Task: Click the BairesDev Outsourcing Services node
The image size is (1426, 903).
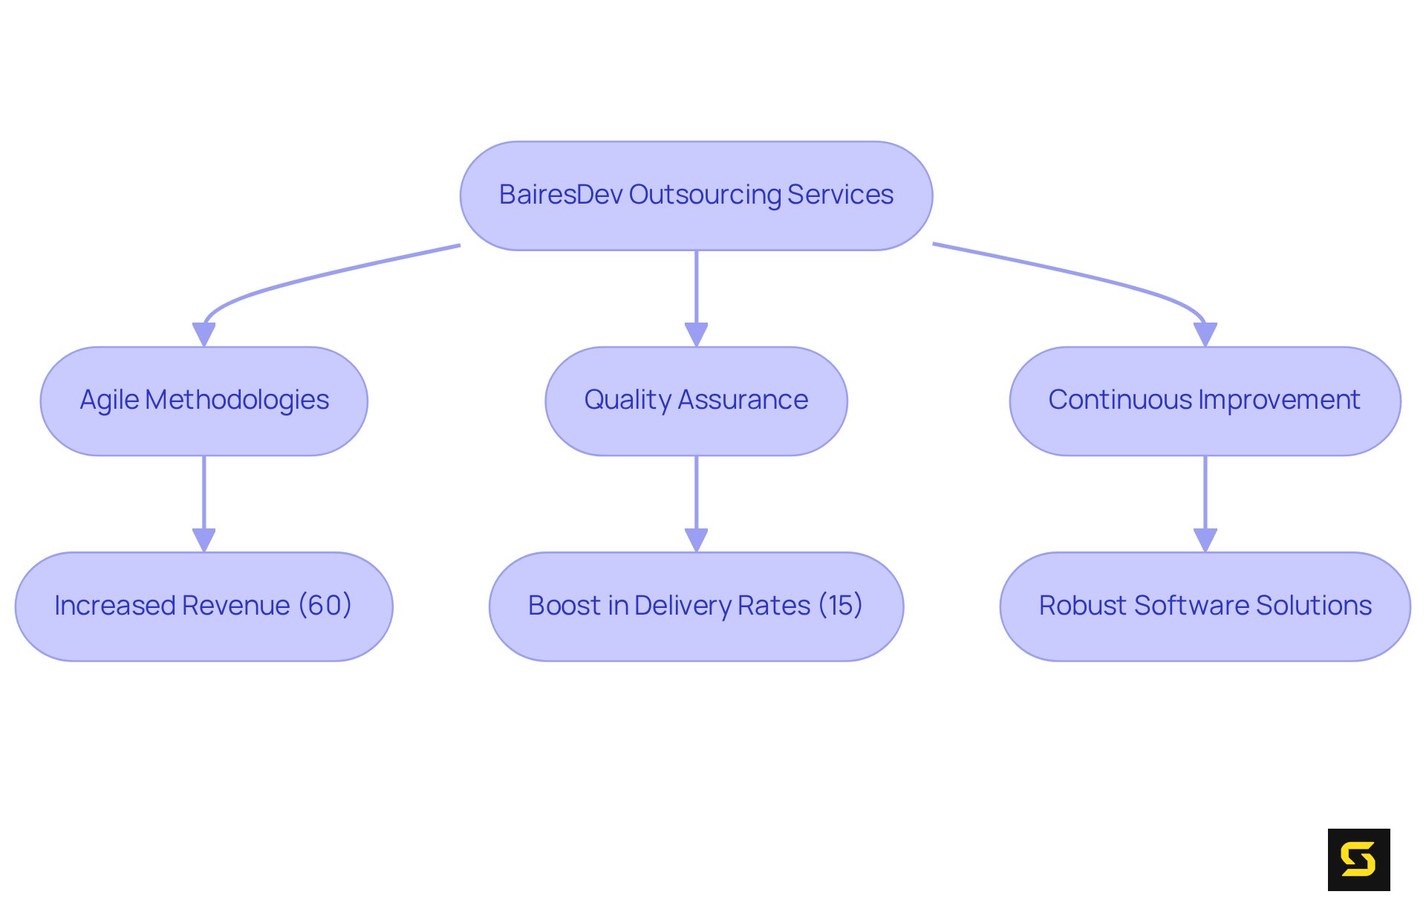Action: pos(696,195)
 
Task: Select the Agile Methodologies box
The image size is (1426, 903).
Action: pos(204,401)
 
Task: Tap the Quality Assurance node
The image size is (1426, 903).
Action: pos(696,401)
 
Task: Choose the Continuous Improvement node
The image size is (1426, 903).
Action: pos(1205,401)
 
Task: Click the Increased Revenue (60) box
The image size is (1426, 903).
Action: pos(204,606)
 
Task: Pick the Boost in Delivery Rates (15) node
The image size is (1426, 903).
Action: pos(696,606)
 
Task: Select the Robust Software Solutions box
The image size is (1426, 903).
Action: pos(1205,606)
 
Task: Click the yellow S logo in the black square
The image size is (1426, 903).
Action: pos(1358,859)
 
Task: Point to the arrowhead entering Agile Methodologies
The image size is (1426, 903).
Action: pos(204,334)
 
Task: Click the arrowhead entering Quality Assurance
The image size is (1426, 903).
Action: pos(696,334)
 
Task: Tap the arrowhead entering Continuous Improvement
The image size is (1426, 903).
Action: pos(1205,334)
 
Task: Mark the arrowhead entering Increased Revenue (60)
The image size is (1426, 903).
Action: pos(204,540)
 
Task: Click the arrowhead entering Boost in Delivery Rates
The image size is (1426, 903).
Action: pos(696,540)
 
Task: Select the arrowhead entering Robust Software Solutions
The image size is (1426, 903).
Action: pos(1205,540)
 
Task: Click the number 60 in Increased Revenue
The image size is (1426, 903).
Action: pos(325,605)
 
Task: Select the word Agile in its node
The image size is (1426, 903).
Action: pos(109,401)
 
